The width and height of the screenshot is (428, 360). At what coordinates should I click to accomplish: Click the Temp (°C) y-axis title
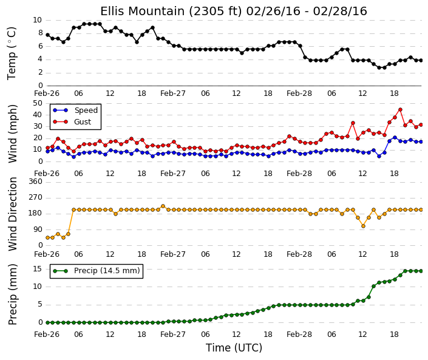pyautogui.click(x=12, y=53)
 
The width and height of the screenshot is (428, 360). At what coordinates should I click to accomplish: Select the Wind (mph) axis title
pyautogui.click(x=13, y=134)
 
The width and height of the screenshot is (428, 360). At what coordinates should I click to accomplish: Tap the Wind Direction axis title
pyautogui.click(x=13, y=214)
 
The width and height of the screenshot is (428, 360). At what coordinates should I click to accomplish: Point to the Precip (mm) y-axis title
pyautogui.click(x=13, y=294)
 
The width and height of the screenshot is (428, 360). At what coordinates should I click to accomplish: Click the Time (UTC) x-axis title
pyautogui.click(x=234, y=348)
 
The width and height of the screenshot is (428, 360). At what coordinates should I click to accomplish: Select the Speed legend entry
pyautogui.click(x=75, y=110)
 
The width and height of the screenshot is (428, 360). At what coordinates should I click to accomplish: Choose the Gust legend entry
pyautogui.click(x=72, y=122)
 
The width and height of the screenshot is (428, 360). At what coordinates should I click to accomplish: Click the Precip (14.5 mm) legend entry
pyautogui.click(x=97, y=271)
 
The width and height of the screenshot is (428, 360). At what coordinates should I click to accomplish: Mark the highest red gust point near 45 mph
pyautogui.click(x=400, y=110)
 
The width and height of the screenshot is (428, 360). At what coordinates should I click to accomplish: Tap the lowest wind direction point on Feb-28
pyautogui.click(x=363, y=226)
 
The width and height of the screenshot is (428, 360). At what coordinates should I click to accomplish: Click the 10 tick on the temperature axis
pyautogui.click(x=38, y=20)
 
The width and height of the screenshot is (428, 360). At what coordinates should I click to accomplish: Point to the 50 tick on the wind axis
pyautogui.click(x=38, y=103)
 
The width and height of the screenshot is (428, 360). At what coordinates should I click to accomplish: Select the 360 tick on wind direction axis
pyautogui.click(x=35, y=182)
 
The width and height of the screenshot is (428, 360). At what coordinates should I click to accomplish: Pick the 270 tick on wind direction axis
pyautogui.click(x=35, y=197)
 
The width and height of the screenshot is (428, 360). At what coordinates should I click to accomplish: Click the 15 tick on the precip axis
pyautogui.click(x=38, y=269)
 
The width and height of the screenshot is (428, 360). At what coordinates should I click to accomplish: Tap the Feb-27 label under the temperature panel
pyautogui.click(x=173, y=93)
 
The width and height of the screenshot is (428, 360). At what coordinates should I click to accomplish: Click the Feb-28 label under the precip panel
pyautogui.click(x=299, y=335)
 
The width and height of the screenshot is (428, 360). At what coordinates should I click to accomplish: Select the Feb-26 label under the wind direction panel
pyautogui.click(x=47, y=254)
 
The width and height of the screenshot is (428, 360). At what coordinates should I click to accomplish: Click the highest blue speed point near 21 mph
pyautogui.click(x=395, y=138)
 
